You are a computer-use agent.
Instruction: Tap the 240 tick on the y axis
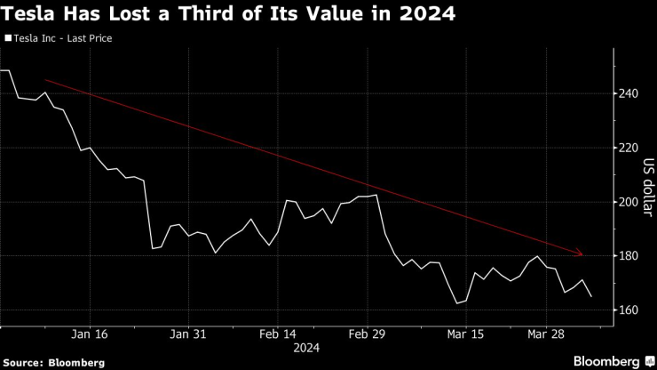click(x=629, y=93)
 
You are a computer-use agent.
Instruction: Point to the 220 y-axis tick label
click(x=629, y=148)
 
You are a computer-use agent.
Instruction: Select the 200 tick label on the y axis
click(x=629, y=202)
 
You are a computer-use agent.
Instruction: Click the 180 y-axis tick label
click(x=629, y=256)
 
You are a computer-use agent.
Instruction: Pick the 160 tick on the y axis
click(x=629, y=310)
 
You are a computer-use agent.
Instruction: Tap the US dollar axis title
click(x=649, y=185)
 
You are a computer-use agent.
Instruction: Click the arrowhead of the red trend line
click(x=581, y=253)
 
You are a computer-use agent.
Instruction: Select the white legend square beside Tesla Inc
click(x=8, y=39)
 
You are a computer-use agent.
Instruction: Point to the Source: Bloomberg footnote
click(x=53, y=362)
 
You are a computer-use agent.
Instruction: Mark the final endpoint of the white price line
click(x=592, y=296)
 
